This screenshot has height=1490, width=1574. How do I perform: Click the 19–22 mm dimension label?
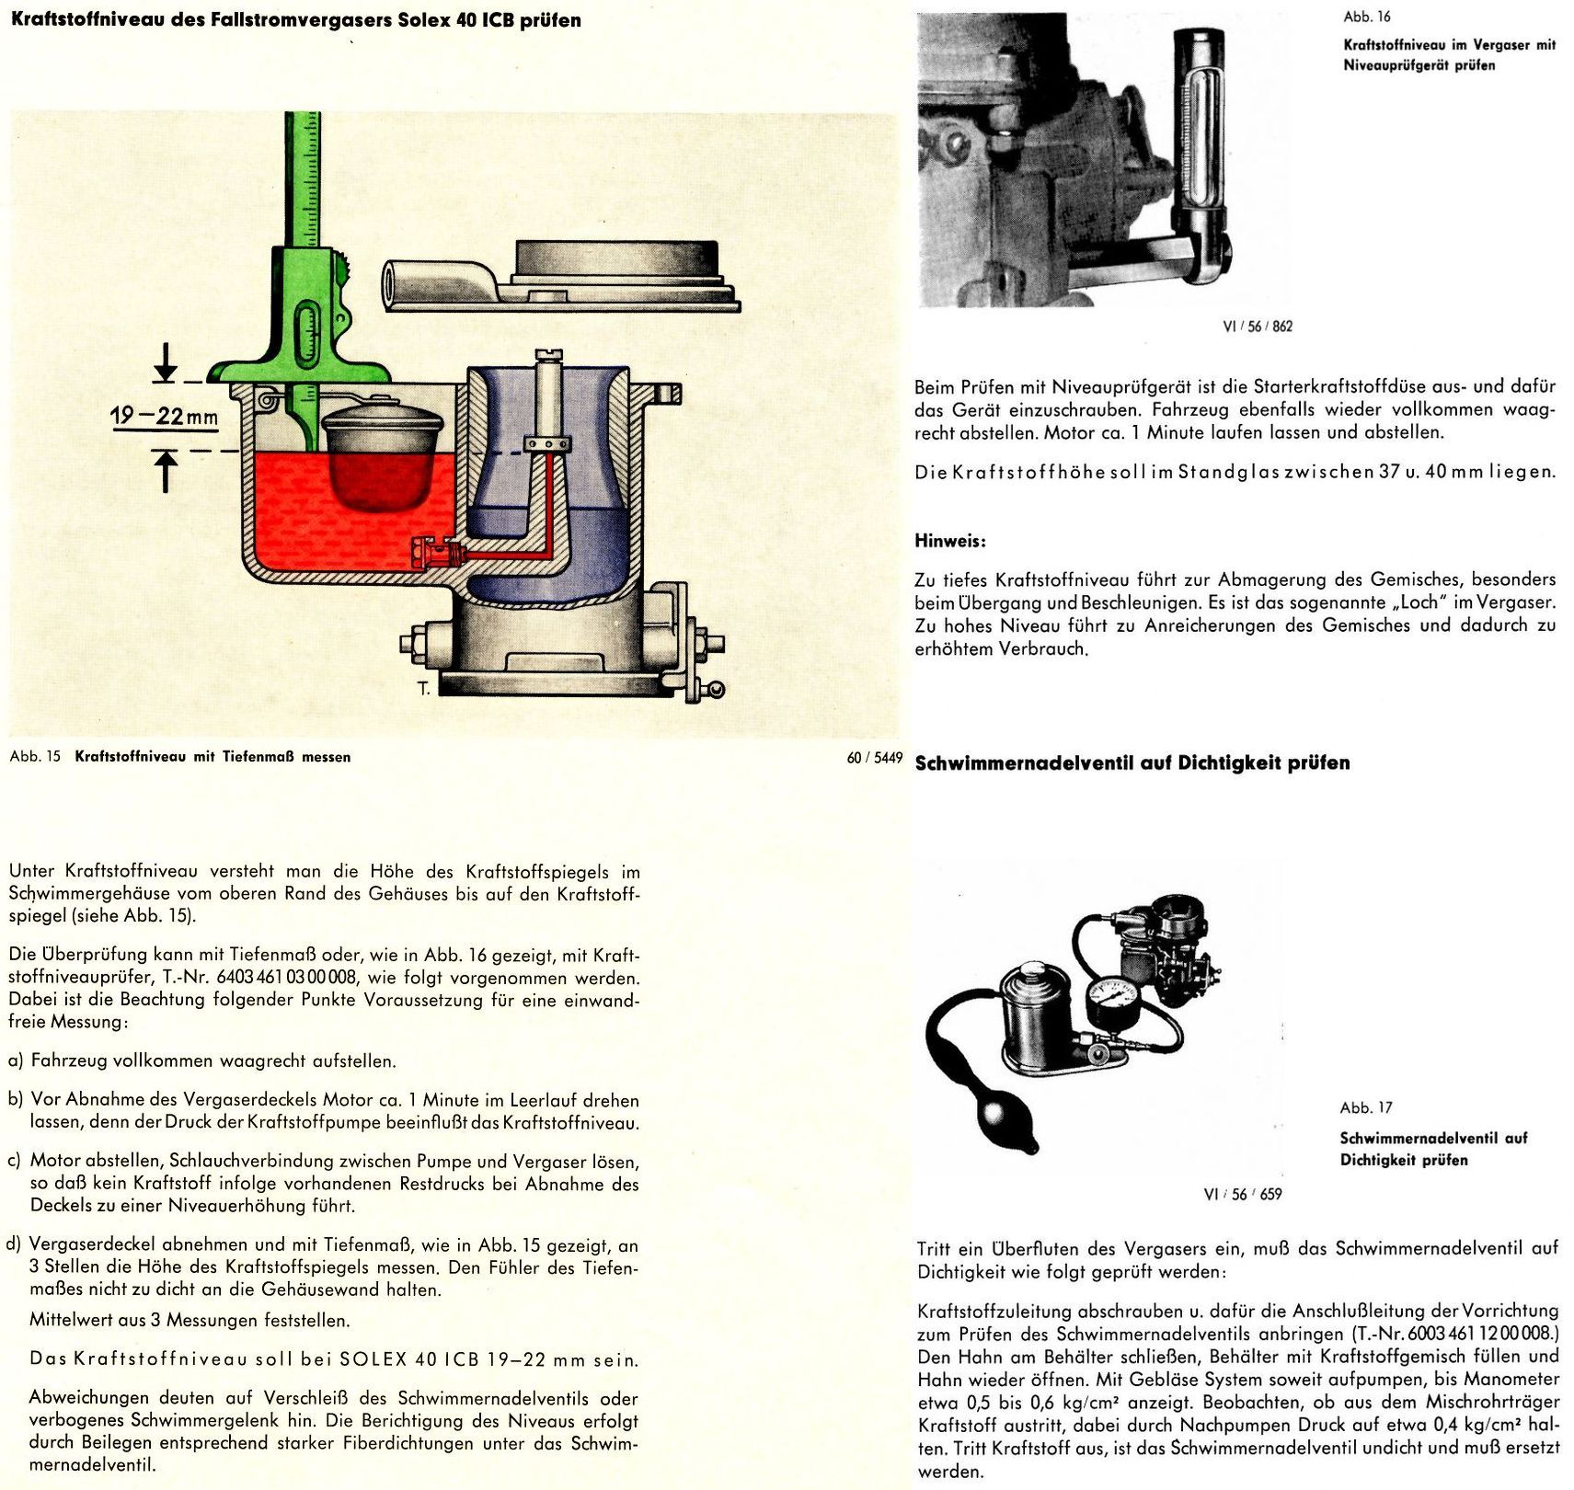tap(165, 417)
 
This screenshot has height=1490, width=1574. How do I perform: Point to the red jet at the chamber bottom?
tap(432, 554)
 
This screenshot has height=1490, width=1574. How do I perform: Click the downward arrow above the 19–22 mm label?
tap(166, 361)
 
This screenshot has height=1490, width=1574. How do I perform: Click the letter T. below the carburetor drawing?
tap(423, 688)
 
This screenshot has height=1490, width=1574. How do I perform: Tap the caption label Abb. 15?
tap(35, 757)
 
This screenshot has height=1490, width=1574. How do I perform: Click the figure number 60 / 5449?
tap(874, 758)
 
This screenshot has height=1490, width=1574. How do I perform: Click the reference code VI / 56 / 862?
tap(1258, 326)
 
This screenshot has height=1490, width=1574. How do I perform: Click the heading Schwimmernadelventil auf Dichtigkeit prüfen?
tap(1132, 762)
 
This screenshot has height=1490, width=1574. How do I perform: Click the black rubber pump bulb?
tap(1005, 1126)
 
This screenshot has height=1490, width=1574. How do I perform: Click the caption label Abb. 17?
tap(1366, 1107)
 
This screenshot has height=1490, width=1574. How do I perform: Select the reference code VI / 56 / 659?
tap(1242, 1194)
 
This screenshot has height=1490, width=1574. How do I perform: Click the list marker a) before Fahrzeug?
tap(16, 1060)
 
